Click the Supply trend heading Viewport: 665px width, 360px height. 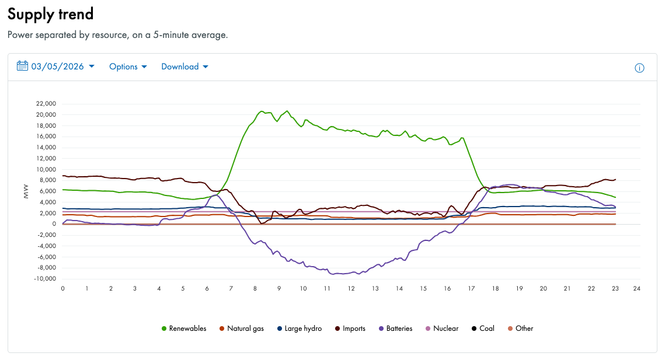coord(50,13)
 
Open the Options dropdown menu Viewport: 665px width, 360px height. coord(127,67)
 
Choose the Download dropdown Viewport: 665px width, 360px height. coord(184,67)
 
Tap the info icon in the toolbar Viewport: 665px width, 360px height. coord(639,68)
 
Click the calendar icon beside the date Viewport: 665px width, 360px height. coord(22,66)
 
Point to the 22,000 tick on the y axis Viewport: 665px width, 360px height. coord(46,103)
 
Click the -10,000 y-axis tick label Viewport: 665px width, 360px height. coord(45,279)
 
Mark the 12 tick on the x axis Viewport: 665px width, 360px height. coord(351,289)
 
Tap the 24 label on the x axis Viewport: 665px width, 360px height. coord(637,289)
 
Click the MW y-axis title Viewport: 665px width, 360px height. coord(26,193)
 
